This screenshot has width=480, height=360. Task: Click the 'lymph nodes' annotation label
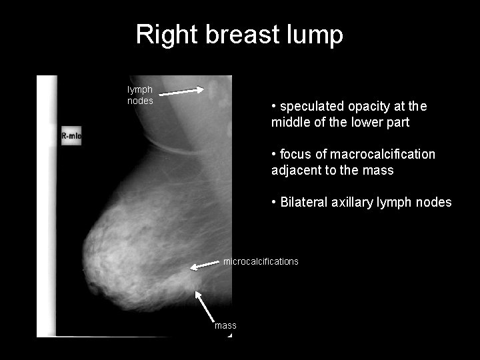point(140,95)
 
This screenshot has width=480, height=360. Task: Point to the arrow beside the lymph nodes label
point(182,92)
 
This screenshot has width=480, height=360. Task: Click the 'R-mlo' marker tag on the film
point(71,136)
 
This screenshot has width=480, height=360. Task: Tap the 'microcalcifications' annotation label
point(261,261)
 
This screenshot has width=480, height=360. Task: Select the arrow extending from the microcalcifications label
point(205,265)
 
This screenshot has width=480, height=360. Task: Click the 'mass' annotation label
point(225,325)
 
